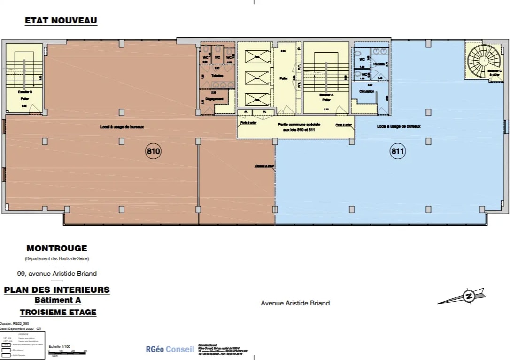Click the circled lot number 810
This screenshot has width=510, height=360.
154,151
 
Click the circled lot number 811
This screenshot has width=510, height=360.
398,151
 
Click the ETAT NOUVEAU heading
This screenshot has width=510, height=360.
61,21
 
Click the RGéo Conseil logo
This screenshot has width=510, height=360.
170,350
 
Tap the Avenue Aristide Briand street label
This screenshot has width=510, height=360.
295,303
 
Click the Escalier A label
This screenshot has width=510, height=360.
326,95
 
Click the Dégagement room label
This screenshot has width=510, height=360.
214,99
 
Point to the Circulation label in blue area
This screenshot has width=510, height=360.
367,91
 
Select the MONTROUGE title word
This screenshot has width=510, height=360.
57,249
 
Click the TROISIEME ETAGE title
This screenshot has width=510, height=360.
58,312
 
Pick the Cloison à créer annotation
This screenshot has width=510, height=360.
264,166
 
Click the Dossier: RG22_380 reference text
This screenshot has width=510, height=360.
15,323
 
